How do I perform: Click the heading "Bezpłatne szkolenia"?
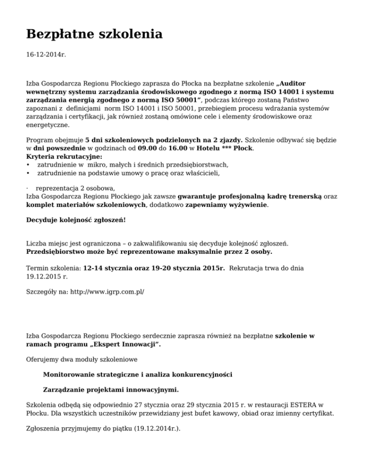[x=94, y=34]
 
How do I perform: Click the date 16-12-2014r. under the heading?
[x=46, y=55]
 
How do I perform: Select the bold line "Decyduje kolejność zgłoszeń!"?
[x=76, y=220]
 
